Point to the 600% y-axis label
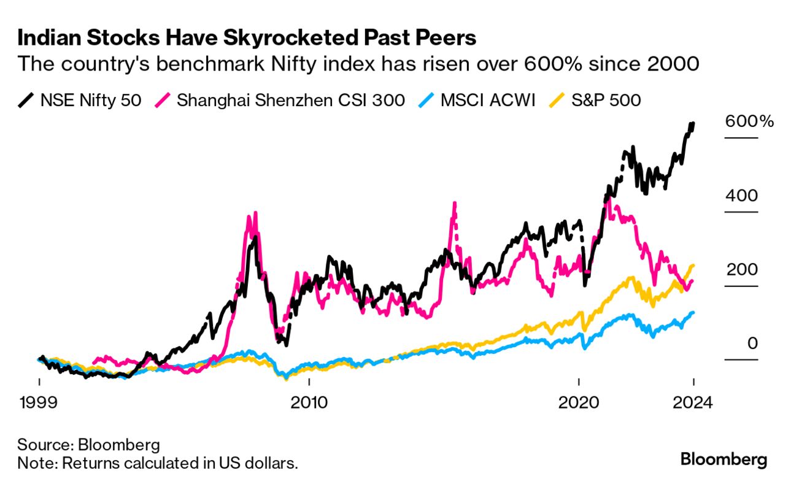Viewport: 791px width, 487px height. point(749,121)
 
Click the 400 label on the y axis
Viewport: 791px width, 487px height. point(741,196)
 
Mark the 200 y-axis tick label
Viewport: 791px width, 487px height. point(741,270)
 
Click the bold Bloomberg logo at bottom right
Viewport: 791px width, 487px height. point(724,459)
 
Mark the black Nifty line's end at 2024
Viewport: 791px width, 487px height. point(693,125)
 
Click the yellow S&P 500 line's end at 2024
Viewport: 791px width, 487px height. point(693,266)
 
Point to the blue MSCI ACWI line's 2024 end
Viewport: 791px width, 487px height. point(693,313)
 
